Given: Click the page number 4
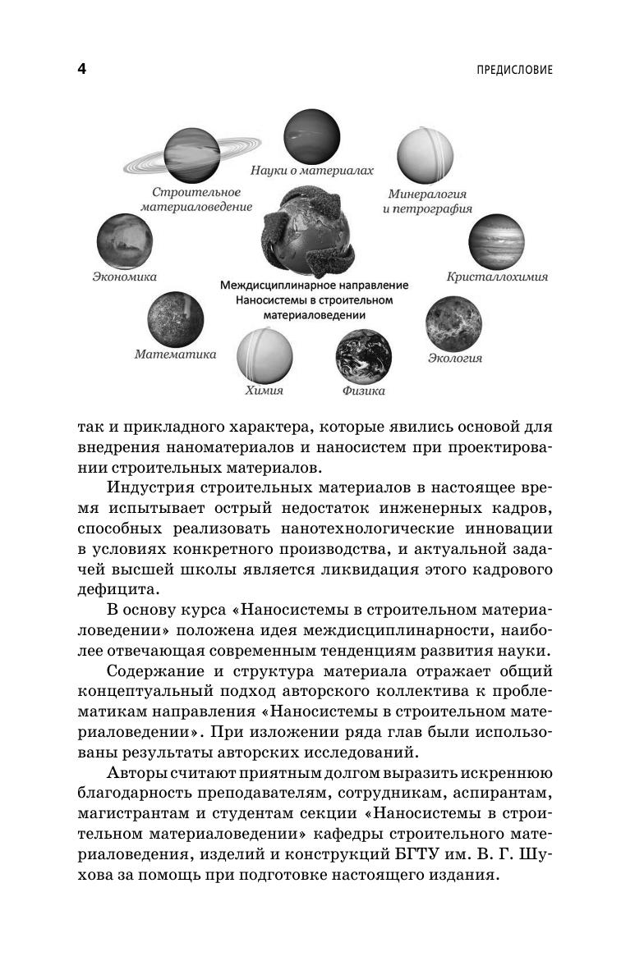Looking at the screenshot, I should coord(81,69).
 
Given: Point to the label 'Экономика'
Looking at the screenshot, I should coord(124,277).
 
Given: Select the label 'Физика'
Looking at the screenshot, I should coord(363,391).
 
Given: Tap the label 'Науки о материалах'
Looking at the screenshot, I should coord(312,172).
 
